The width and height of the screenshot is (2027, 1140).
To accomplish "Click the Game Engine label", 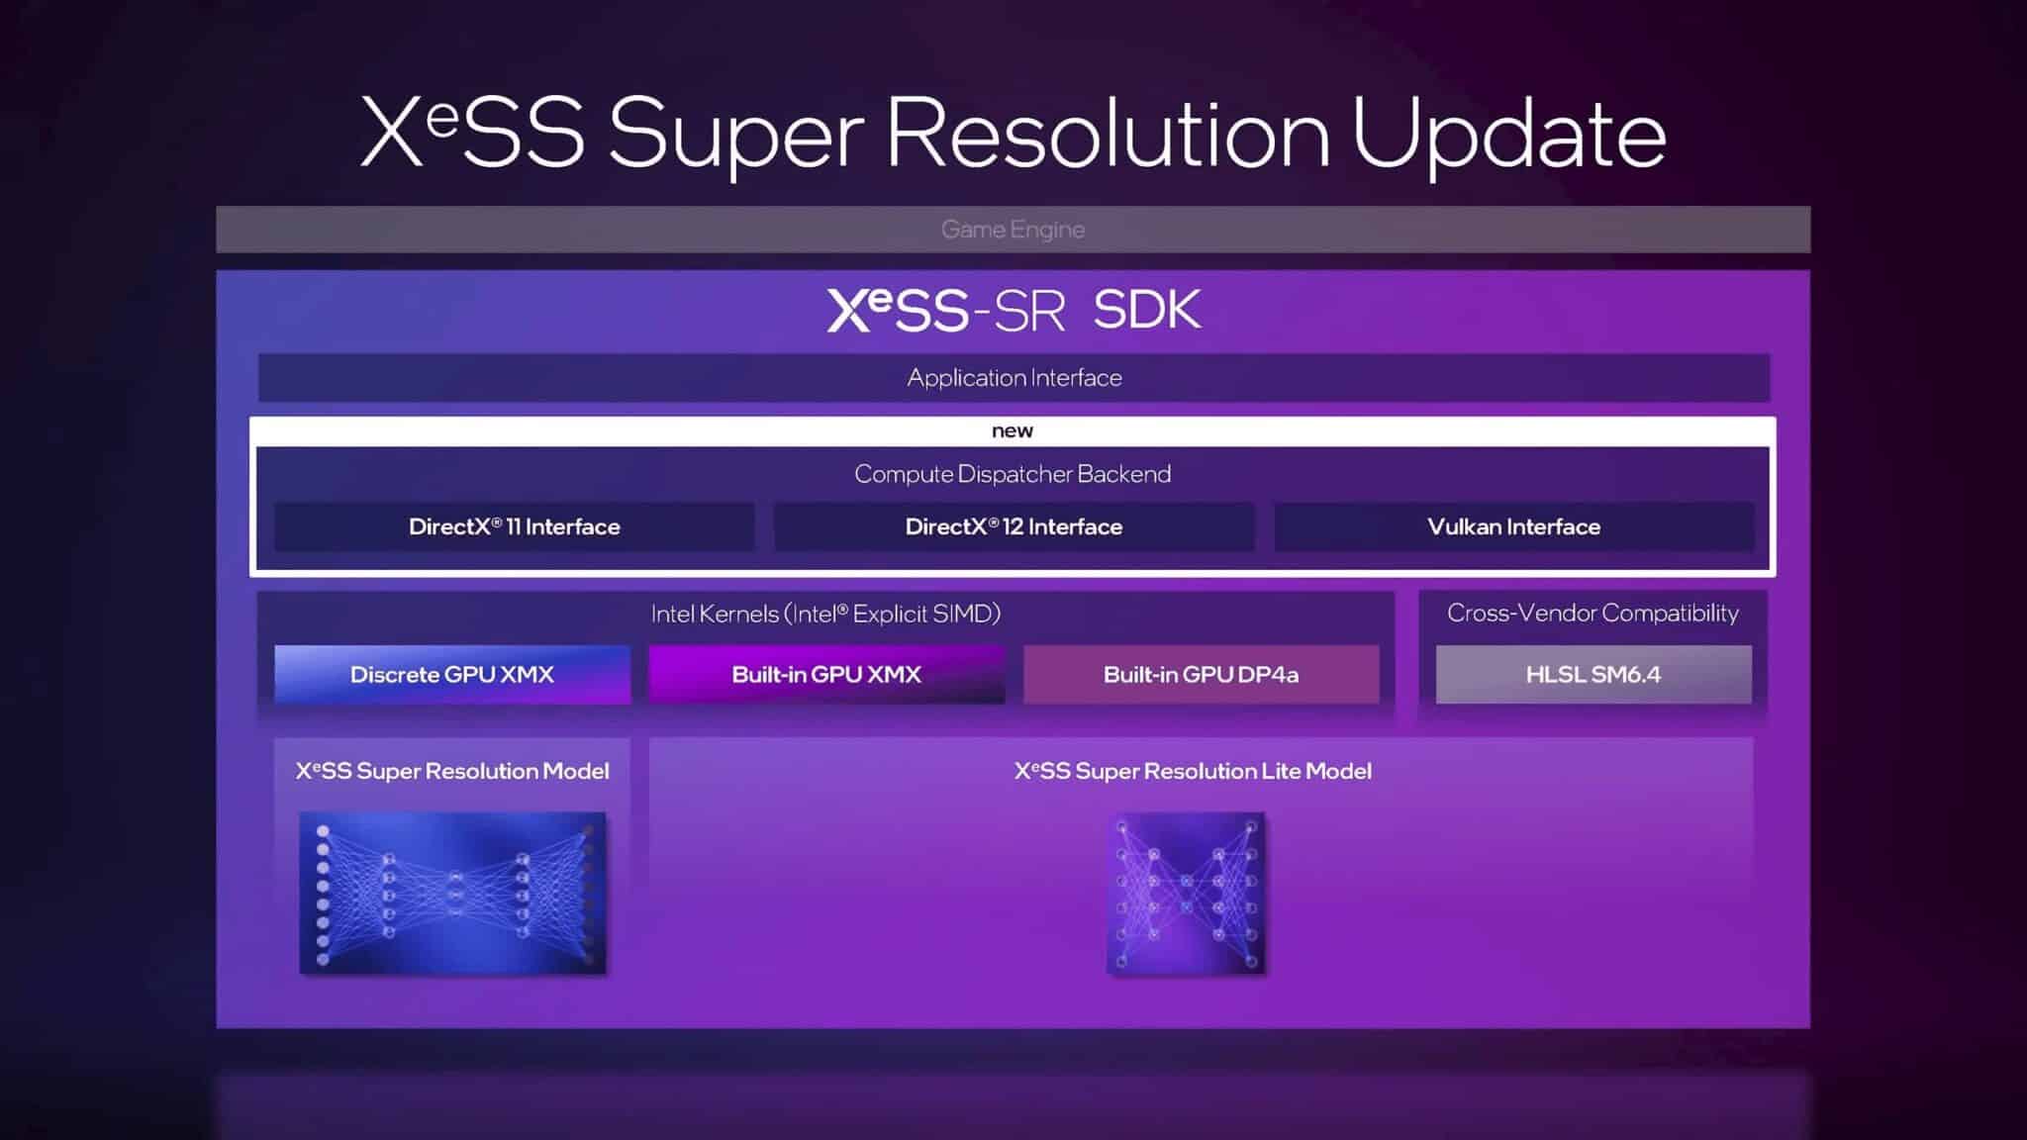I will click(1013, 230).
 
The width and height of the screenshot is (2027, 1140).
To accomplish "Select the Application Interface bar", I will click(1013, 378).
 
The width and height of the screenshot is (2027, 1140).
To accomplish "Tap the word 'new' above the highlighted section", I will click(1012, 431).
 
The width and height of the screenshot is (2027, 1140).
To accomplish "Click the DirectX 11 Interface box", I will click(514, 526).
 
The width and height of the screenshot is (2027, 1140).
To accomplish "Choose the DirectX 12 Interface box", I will click(1013, 526).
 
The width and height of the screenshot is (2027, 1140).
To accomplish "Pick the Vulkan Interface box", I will click(1513, 526).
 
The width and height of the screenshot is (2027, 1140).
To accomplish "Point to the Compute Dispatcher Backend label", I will click(1012, 474).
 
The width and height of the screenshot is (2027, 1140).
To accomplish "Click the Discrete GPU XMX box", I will click(452, 675).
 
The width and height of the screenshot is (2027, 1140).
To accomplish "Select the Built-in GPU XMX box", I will click(826, 675).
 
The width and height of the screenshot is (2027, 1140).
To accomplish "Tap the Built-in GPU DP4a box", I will click(1201, 675).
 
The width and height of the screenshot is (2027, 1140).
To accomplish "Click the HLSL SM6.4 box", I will click(1593, 675).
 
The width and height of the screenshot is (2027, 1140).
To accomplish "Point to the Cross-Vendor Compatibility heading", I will click(1593, 614).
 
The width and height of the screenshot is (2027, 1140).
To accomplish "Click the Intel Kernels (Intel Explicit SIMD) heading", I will click(825, 614).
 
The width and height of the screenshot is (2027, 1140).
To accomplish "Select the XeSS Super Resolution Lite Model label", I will click(1193, 771).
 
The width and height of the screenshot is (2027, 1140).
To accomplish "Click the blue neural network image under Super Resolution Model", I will click(452, 893).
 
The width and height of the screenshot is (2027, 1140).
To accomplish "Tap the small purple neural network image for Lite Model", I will click(1186, 893).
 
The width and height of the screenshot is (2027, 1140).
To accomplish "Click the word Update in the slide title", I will click(1508, 135).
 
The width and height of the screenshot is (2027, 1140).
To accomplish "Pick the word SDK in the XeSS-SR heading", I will click(1147, 311).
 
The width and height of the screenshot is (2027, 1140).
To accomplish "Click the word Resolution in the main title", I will click(1109, 133).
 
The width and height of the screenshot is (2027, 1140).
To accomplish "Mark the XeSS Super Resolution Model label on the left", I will click(452, 771).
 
